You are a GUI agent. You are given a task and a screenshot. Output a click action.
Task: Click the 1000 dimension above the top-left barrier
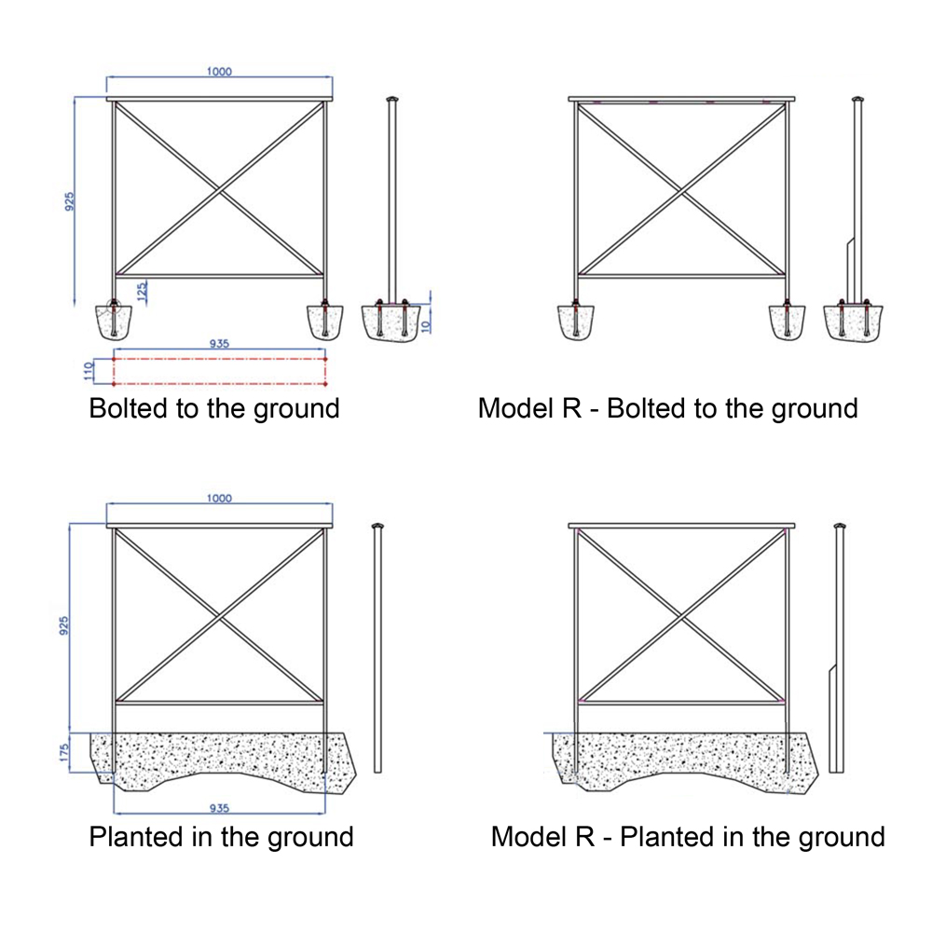point(219,72)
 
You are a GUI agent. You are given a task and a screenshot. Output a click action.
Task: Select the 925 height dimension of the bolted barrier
point(70,201)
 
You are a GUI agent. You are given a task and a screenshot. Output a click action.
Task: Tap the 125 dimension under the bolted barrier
point(142,292)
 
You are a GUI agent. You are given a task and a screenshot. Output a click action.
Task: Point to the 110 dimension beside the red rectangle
point(89,371)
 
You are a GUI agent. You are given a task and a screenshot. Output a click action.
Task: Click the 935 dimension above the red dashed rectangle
point(219,344)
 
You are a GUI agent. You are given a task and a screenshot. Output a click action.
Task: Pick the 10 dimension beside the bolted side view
point(424,326)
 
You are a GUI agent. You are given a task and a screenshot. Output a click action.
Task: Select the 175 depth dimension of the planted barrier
point(64,752)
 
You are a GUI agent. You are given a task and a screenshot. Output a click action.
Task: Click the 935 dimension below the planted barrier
point(219,808)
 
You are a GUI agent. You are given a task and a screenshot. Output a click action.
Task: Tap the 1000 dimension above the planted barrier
point(219,498)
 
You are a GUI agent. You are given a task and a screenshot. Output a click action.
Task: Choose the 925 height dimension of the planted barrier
point(64,625)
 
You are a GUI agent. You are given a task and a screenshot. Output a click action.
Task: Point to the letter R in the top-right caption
point(572,408)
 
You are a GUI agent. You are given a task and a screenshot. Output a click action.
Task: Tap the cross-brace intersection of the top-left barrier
point(220,190)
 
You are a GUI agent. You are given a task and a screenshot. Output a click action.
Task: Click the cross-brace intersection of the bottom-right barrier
point(682,618)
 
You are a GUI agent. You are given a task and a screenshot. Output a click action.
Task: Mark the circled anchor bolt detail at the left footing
point(113,307)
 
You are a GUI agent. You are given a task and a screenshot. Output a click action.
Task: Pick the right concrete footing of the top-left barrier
point(325,322)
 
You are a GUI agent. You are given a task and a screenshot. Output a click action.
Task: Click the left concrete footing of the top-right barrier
point(575,322)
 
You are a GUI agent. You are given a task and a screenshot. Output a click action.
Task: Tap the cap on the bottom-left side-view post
point(377,526)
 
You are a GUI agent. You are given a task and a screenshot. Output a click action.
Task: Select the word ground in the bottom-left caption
point(311,838)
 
